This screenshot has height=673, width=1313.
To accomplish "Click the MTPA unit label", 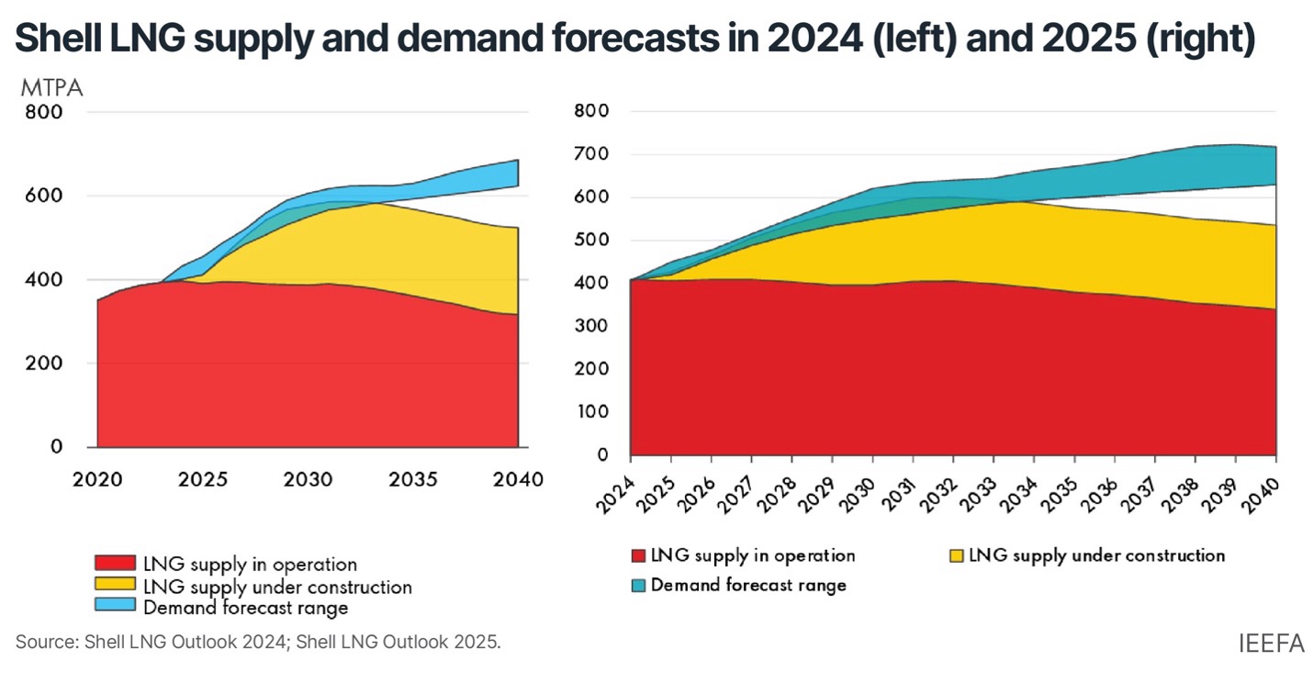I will point(51,88).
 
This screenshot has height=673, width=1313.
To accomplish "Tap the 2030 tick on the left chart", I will point(308,480).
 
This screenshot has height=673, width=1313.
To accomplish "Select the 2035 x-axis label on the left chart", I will point(414,480).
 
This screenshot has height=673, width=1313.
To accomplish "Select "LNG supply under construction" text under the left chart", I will point(276,586).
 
